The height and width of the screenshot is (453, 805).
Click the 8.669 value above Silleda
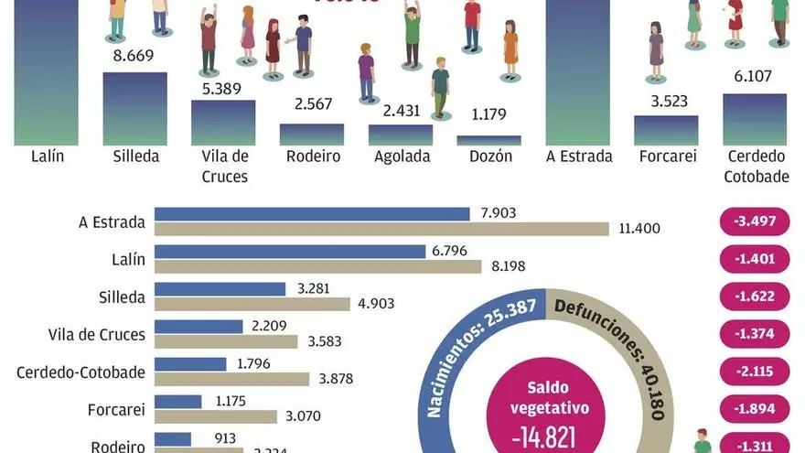(134, 56)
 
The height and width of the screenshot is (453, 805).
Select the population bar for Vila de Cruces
(223, 123)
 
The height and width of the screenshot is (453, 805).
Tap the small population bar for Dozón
(488, 140)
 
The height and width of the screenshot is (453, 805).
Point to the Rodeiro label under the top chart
(312, 156)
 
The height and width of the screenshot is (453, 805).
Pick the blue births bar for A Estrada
(312, 213)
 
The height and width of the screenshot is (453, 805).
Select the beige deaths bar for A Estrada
(381, 229)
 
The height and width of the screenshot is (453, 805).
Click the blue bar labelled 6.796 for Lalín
(290, 251)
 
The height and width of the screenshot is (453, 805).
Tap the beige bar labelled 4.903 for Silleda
(252, 304)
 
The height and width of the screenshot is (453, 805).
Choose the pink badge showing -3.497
(754, 221)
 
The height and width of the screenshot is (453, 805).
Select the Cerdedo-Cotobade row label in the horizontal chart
(81, 372)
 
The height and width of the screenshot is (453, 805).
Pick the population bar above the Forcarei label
(666, 131)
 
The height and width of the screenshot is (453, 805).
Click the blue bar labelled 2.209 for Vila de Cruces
(199, 326)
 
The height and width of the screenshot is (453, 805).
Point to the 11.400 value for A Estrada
(639, 229)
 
